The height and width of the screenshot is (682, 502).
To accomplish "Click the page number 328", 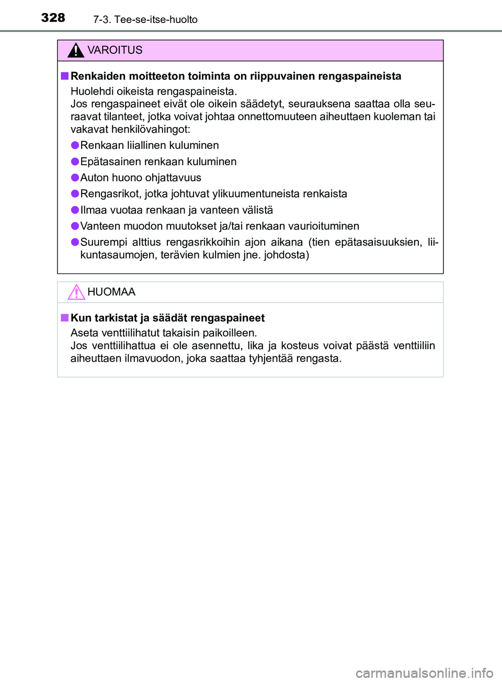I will click(x=53, y=18).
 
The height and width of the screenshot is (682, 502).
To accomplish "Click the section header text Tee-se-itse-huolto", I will click(x=156, y=20).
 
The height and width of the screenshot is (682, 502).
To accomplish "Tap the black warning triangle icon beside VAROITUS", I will click(x=76, y=50).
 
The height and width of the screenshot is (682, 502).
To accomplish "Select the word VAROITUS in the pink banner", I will click(x=115, y=50).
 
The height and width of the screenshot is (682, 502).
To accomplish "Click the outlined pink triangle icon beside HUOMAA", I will click(x=76, y=292).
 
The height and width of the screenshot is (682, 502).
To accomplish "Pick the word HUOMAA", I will click(x=111, y=292).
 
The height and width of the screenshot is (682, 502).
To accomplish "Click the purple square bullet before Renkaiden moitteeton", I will click(x=64, y=76).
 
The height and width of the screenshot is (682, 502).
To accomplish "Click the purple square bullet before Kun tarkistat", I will click(x=64, y=318).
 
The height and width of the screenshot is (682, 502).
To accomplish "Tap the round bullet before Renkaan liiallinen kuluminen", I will click(x=75, y=145).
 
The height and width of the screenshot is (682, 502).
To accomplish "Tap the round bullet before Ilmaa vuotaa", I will click(x=75, y=210).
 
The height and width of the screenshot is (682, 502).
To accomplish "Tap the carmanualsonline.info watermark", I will click(x=424, y=673).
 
